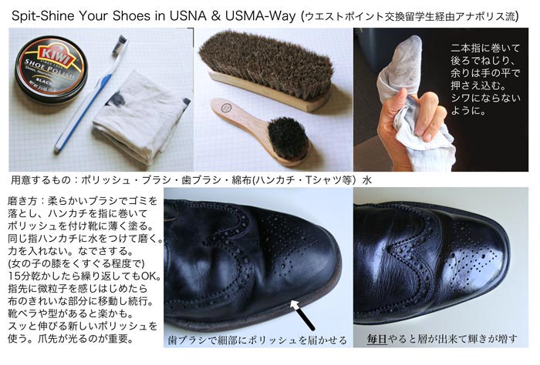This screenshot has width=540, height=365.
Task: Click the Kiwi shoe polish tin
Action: pyautogui.click(x=51, y=70)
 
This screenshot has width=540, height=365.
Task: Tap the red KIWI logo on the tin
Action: pyautogui.click(x=57, y=55)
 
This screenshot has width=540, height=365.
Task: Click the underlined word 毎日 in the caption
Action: pyautogui.click(x=376, y=340)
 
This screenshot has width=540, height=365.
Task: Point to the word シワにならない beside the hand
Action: pyautogui.click(x=485, y=99)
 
